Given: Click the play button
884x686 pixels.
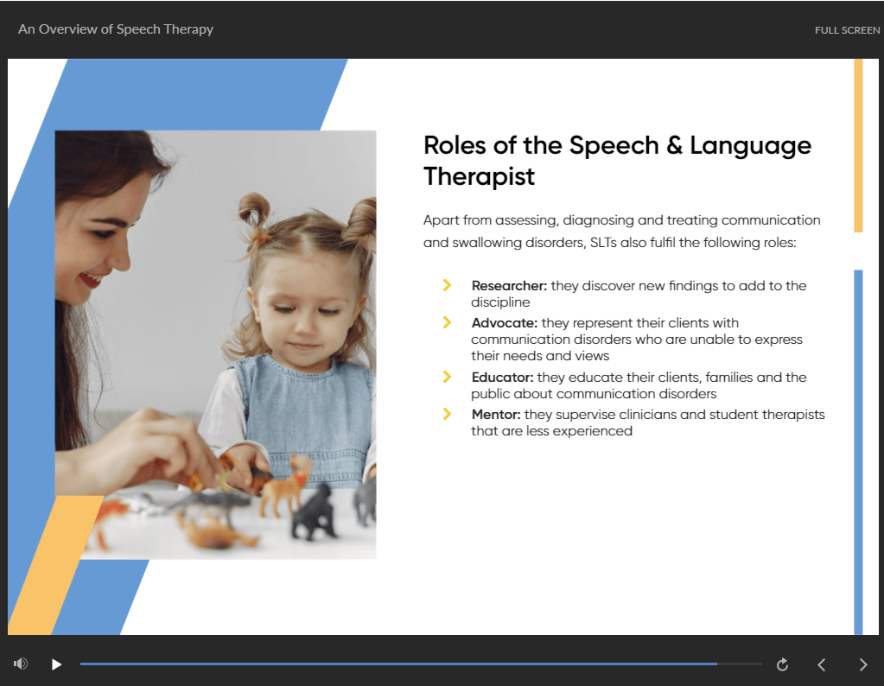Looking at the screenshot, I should click(56, 664).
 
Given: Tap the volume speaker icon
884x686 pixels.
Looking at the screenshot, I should click(21, 664).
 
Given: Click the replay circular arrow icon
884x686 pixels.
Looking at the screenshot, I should click(782, 664).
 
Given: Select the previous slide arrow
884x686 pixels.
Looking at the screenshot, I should click(822, 664).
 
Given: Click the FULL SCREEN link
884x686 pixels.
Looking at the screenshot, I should click(847, 30).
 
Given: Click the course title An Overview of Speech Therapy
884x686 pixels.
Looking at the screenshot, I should click(116, 29).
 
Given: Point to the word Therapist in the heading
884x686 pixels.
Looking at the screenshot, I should click(479, 177).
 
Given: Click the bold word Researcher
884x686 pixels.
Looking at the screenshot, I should click(509, 286).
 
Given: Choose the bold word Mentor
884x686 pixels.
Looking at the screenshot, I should click(496, 415).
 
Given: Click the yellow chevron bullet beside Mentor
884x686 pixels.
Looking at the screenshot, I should click(447, 414).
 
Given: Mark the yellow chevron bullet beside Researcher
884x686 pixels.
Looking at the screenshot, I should click(447, 285).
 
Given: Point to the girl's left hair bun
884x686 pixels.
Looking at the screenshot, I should click(254, 211).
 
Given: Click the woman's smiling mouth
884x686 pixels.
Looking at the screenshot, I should click(89, 281).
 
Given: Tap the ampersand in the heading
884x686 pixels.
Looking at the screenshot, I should click(674, 145).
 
